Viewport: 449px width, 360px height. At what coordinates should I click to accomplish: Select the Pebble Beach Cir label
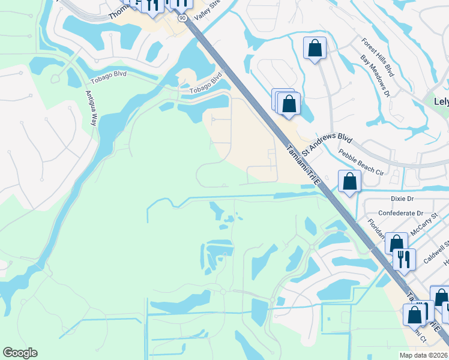tap(361, 162)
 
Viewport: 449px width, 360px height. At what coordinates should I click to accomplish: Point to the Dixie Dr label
tap(402, 198)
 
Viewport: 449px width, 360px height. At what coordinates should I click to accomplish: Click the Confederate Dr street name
tap(400, 213)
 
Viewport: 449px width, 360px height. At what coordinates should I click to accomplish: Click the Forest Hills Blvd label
tap(378, 58)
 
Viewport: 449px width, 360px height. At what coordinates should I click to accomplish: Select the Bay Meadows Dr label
tap(376, 76)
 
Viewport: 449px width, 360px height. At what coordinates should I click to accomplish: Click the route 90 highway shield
tap(182, 19)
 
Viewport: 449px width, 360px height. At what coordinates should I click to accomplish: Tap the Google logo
tap(20, 353)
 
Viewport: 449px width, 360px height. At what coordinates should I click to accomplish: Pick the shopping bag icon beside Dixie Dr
tap(349, 181)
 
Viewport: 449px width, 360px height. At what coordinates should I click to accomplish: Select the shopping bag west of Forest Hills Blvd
tap(315, 47)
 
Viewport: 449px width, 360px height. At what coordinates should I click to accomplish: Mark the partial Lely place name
tap(441, 101)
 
